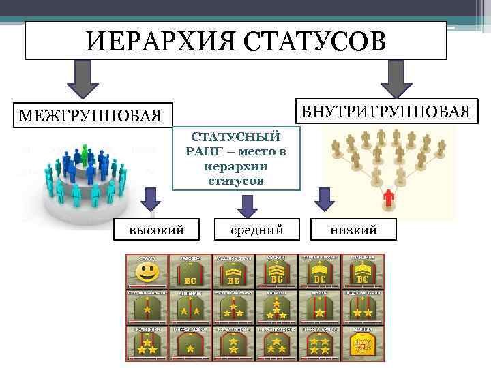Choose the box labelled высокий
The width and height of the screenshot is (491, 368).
pyautogui.click(x=157, y=231)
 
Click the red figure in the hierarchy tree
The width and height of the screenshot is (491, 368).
pyautogui.click(x=389, y=198)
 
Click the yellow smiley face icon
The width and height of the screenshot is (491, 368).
pyautogui.click(x=147, y=273)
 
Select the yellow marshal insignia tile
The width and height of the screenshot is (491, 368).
pyautogui.click(x=363, y=343)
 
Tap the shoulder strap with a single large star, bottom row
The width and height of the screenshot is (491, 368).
pyautogui.click(x=190, y=343)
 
